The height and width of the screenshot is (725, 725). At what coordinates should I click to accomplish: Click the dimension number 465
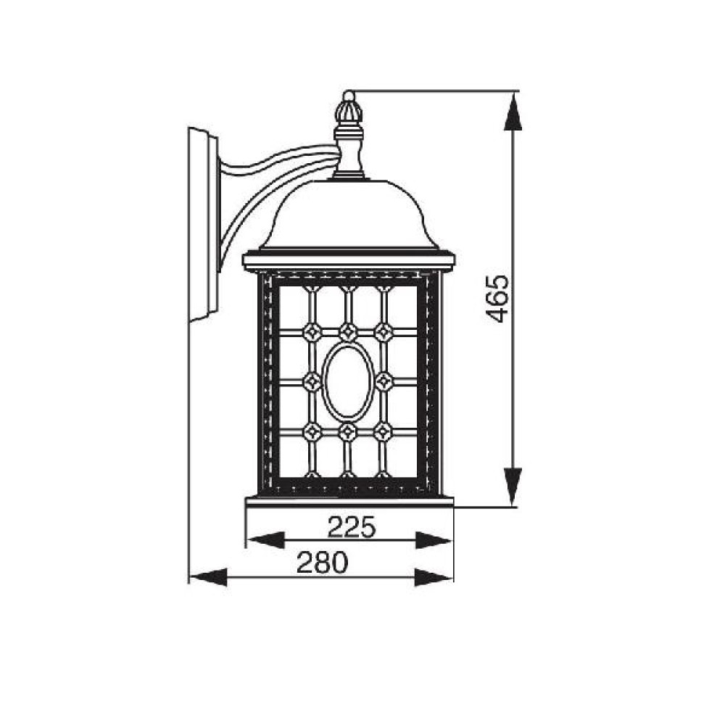(498, 299)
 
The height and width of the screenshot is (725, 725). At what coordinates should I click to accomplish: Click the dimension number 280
(322, 563)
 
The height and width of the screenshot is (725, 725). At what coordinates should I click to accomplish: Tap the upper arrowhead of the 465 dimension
(513, 111)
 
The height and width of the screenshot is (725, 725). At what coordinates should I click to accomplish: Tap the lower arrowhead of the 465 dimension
(513, 486)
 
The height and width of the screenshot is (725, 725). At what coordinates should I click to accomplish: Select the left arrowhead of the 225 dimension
(265, 540)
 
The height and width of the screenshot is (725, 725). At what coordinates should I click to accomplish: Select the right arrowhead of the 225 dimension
(434, 540)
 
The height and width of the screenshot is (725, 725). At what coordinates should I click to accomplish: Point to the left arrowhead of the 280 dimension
(209, 578)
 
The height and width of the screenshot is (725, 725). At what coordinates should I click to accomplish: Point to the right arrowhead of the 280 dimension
(434, 578)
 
